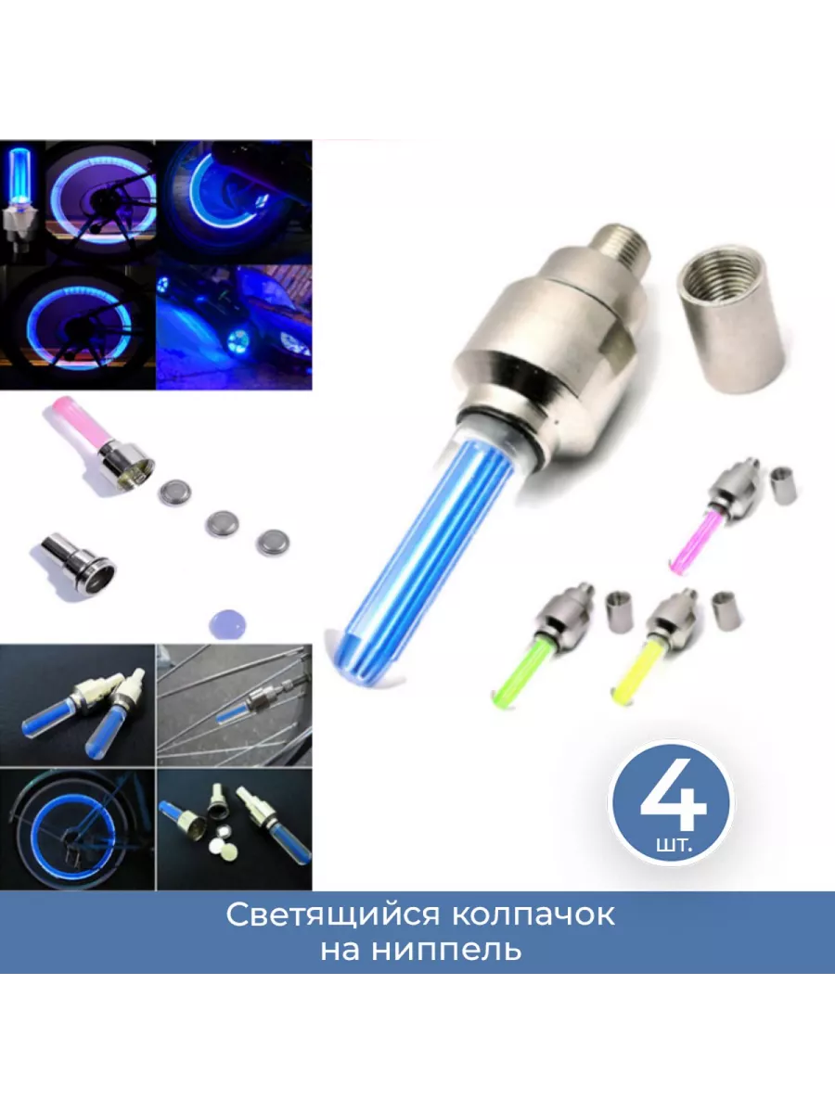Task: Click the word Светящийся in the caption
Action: (332, 916)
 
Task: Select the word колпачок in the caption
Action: (533, 915)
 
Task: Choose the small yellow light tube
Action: (639, 674)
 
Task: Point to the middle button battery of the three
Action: (222, 525)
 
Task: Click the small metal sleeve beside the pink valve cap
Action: (784, 486)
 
